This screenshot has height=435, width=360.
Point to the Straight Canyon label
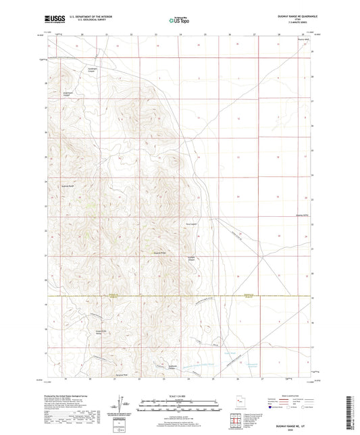coord(192,259)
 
